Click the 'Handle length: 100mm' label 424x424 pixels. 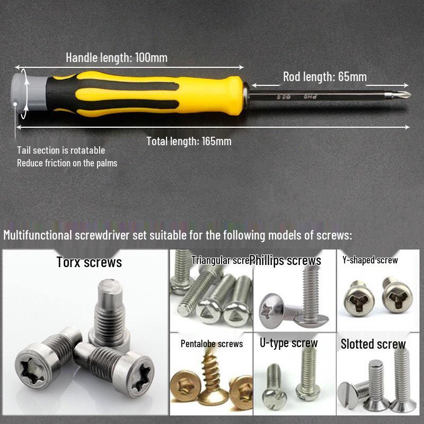[x=116, y=57]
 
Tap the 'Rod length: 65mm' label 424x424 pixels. [x=324, y=76]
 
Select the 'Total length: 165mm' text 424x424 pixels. [x=189, y=141]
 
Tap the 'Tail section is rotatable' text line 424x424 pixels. [x=61, y=151]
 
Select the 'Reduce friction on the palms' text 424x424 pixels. [x=67, y=163]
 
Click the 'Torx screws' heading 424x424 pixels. [x=89, y=262]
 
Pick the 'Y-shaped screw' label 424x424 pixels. [x=370, y=260]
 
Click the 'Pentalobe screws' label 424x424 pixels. [x=211, y=343]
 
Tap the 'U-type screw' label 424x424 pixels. [x=288, y=343]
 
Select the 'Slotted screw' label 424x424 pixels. [x=373, y=343]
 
